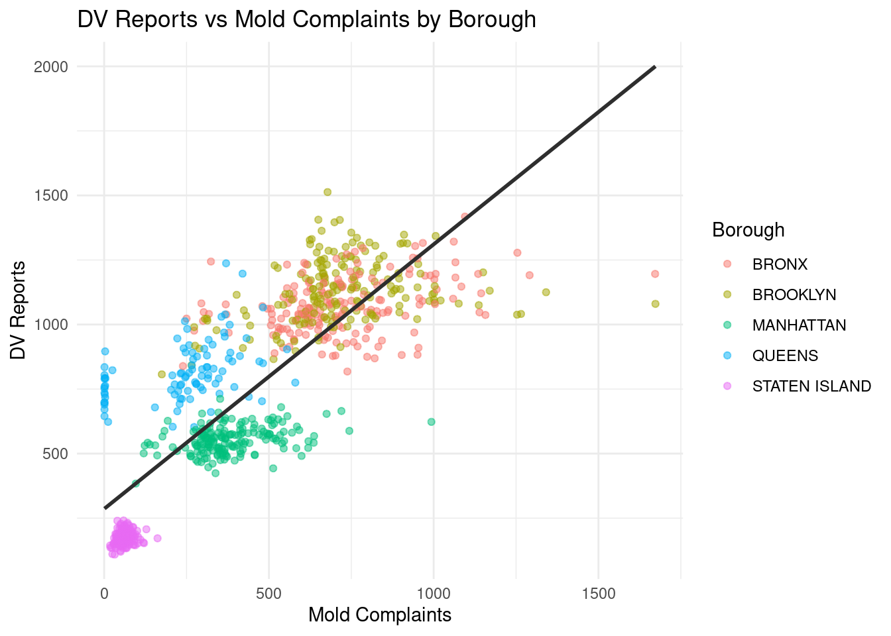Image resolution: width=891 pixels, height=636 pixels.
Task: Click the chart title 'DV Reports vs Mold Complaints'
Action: tap(306, 19)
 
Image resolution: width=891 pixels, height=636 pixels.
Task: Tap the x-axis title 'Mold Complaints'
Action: tap(380, 615)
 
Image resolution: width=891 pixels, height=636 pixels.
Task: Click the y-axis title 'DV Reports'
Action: tap(19, 311)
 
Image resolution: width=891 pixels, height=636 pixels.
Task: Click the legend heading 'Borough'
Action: tap(748, 230)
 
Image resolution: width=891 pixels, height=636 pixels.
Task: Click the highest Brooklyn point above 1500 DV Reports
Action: tap(327, 192)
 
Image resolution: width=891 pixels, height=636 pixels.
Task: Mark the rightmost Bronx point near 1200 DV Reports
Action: tap(654, 274)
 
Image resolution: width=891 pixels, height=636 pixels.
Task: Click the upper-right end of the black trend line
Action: tap(654, 67)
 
